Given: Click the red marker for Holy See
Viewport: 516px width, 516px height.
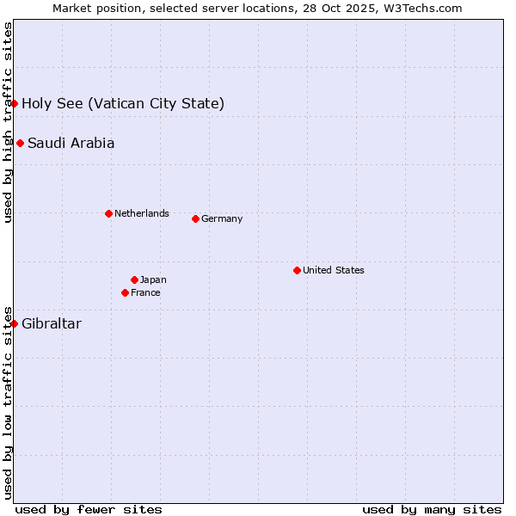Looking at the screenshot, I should [x=14, y=103].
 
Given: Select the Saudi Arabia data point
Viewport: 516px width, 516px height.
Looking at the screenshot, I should [x=20, y=143].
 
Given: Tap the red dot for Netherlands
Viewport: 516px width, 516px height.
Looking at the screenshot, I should [x=108, y=213].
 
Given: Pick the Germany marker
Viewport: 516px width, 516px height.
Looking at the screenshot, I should [x=195, y=218].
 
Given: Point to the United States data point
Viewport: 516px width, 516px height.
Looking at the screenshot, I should [x=297, y=270].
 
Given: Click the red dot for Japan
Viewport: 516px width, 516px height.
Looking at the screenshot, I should [x=134, y=279].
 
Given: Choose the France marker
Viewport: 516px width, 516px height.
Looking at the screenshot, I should [x=126, y=292].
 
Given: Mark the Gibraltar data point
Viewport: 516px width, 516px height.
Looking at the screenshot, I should [x=14, y=323].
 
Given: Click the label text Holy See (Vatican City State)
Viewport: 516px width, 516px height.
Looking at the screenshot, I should [x=123, y=104].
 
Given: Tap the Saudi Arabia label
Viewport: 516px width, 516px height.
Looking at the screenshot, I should [x=71, y=144].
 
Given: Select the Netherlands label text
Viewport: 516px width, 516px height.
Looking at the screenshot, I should [x=141, y=213].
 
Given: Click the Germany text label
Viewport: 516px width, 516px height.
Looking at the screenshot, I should [x=222, y=218].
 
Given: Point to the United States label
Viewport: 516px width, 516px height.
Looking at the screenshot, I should [x=333, y=270].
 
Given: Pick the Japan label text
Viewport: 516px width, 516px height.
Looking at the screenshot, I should [x=153, y=279].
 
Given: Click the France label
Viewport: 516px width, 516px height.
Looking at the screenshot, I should [x=145, y=292].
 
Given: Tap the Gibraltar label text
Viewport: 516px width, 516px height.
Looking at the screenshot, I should [x=52, y=324].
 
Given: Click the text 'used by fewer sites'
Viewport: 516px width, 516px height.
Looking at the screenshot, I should [x=89, y=509].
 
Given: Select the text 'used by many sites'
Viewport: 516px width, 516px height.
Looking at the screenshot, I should [x=432, y=509].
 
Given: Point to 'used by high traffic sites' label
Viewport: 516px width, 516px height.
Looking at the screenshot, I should [x=8, y=122].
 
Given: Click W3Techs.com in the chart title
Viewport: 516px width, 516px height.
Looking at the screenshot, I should [x=422, y=8].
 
